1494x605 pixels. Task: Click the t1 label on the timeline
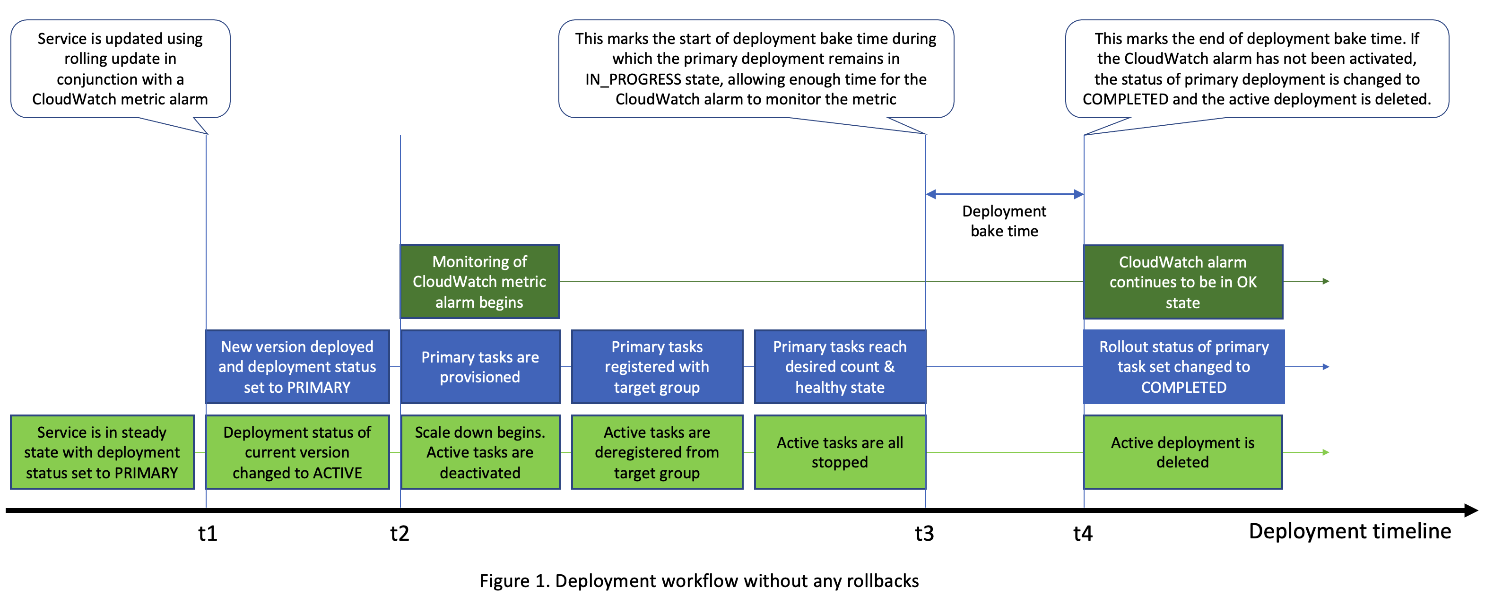(x=208, y=533)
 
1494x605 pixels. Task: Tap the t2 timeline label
(x=400, y=533)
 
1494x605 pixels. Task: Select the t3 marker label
(x=924, y=533)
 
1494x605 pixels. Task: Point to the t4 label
(x=1083, y=533)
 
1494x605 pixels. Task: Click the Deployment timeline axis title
(x=1350, y=531)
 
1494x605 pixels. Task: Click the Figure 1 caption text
(x=699, y=580)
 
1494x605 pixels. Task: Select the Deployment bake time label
(x=1004, y=221)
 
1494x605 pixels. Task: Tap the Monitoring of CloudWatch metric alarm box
(x=479, y=282)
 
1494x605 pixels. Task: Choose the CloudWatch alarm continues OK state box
(x=1182, y=282)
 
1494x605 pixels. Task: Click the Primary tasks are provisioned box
(x=479, y=367)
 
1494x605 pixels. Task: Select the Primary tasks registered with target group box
(x=657, y=367)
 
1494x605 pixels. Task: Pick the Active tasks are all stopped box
(x=839, y=452)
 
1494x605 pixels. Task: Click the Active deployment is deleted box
(x=1182, y=452)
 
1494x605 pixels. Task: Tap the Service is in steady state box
(x=102, y=452)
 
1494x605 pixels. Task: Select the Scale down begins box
(x=479, y=452)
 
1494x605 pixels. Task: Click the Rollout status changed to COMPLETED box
(x=1184, y=367)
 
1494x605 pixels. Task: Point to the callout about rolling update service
(x=120, y=69)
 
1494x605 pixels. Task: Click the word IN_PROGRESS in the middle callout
(x=633, y=79)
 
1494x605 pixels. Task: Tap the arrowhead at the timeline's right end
(x=1470, y=510)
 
